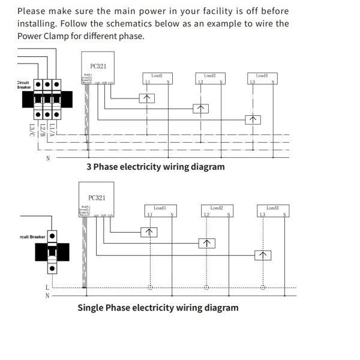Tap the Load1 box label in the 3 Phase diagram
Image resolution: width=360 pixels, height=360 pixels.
pos(157,76)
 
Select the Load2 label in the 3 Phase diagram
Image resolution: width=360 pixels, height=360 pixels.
pos(209,76)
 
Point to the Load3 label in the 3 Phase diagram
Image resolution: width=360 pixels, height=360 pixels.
pos(262,76)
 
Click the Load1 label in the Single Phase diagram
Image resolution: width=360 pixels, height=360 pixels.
pos(159,208)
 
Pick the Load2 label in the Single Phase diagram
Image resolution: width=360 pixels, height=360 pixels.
pos(217,208)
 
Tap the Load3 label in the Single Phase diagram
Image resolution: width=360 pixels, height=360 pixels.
pos(272,208)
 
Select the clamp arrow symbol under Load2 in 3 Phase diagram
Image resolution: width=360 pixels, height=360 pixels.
pos(201,109)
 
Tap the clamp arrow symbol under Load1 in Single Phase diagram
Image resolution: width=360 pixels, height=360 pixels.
pos(150,232)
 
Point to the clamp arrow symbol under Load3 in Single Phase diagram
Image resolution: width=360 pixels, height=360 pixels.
pos(263,254)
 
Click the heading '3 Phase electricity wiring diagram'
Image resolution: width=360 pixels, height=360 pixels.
pos(155,166)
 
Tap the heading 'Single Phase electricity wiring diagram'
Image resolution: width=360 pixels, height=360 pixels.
pos(158,308)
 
